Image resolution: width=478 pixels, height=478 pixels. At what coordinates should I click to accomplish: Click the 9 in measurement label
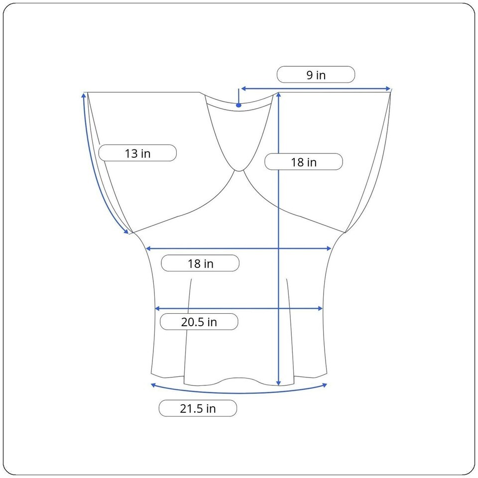tap(316, 75)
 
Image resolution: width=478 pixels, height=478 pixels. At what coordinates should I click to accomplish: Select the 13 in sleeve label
tap(137, 153)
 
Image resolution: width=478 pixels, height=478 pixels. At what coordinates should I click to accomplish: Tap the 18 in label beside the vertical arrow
tap(304, 162)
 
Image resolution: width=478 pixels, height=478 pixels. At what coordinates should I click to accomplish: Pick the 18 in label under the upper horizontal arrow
tap(200, 263)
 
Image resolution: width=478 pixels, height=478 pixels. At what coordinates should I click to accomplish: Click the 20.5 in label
tap(199, 322)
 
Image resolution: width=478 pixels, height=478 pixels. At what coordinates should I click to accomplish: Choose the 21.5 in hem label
tap(198, 408)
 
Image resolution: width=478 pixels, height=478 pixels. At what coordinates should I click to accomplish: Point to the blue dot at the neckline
tap(239, 105)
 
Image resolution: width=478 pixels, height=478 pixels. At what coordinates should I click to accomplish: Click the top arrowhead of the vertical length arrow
tap(278, 95)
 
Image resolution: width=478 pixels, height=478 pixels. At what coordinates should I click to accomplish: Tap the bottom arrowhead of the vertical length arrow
tap(278, 383)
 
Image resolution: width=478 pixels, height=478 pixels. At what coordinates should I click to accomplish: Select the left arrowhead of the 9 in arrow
tap(243, 89)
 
